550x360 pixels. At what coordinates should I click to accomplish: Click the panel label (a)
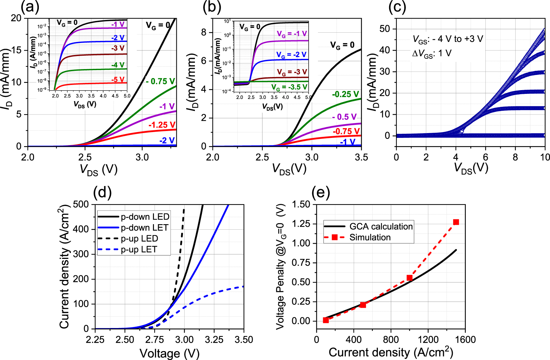(x=30, y=7)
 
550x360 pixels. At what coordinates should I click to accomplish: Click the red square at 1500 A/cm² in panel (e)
(x=456, y=222)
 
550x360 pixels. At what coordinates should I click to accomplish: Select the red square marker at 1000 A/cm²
(x=409, y=278)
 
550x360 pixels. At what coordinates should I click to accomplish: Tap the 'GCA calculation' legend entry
(x=381, y=227)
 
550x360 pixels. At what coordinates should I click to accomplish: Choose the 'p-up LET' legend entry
(x=139, y=250)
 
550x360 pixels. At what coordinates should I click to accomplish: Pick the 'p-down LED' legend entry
(x=145, y=217)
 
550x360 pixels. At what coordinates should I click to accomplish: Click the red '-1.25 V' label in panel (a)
(x=162, y=125)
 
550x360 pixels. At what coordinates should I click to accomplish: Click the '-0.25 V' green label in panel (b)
(x=345, y=94)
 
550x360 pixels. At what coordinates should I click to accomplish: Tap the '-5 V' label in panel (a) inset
(x=118, y=80)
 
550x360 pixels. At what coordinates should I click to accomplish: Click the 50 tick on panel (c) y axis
(x=385, y=29)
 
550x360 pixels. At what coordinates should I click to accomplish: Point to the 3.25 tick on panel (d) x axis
(x=214, y=340)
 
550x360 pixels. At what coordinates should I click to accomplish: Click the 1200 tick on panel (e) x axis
(x=428, y=340)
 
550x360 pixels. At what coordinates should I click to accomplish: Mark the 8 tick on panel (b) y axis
(x=204, y=32)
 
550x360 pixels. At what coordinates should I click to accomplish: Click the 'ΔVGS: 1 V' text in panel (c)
(x=432, y=54)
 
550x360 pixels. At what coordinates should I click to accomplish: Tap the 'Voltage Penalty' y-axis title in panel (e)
(x=281, y=266)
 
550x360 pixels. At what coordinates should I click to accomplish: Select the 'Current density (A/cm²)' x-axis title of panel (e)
(x=391, y=352)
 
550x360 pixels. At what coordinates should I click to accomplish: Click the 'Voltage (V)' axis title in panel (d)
(x=169, y=353)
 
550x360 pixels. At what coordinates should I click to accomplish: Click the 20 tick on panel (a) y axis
(x=16, y=18)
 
